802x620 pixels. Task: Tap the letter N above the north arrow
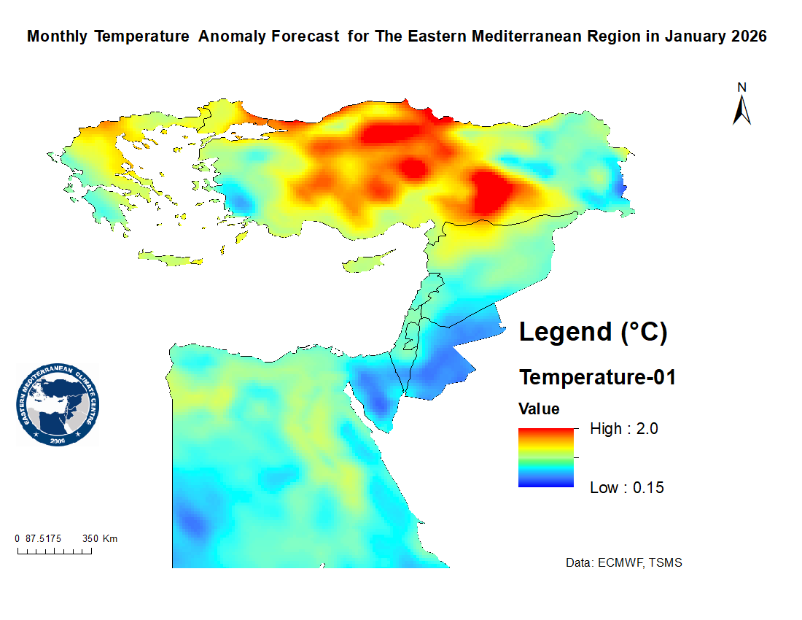point(741,88)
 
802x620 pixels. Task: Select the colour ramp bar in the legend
point(546,457)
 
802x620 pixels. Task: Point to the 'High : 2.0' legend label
point(623,429)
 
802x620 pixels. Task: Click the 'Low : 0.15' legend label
point(626,488)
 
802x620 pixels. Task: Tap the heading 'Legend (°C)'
point(593,332)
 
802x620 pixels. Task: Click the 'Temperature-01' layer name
point(597,378)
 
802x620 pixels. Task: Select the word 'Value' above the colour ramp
point(539,408)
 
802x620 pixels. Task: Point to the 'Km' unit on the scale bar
point(110,539)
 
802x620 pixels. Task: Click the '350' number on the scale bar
point(90,539)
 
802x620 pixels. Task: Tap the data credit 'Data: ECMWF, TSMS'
point(624,563)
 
